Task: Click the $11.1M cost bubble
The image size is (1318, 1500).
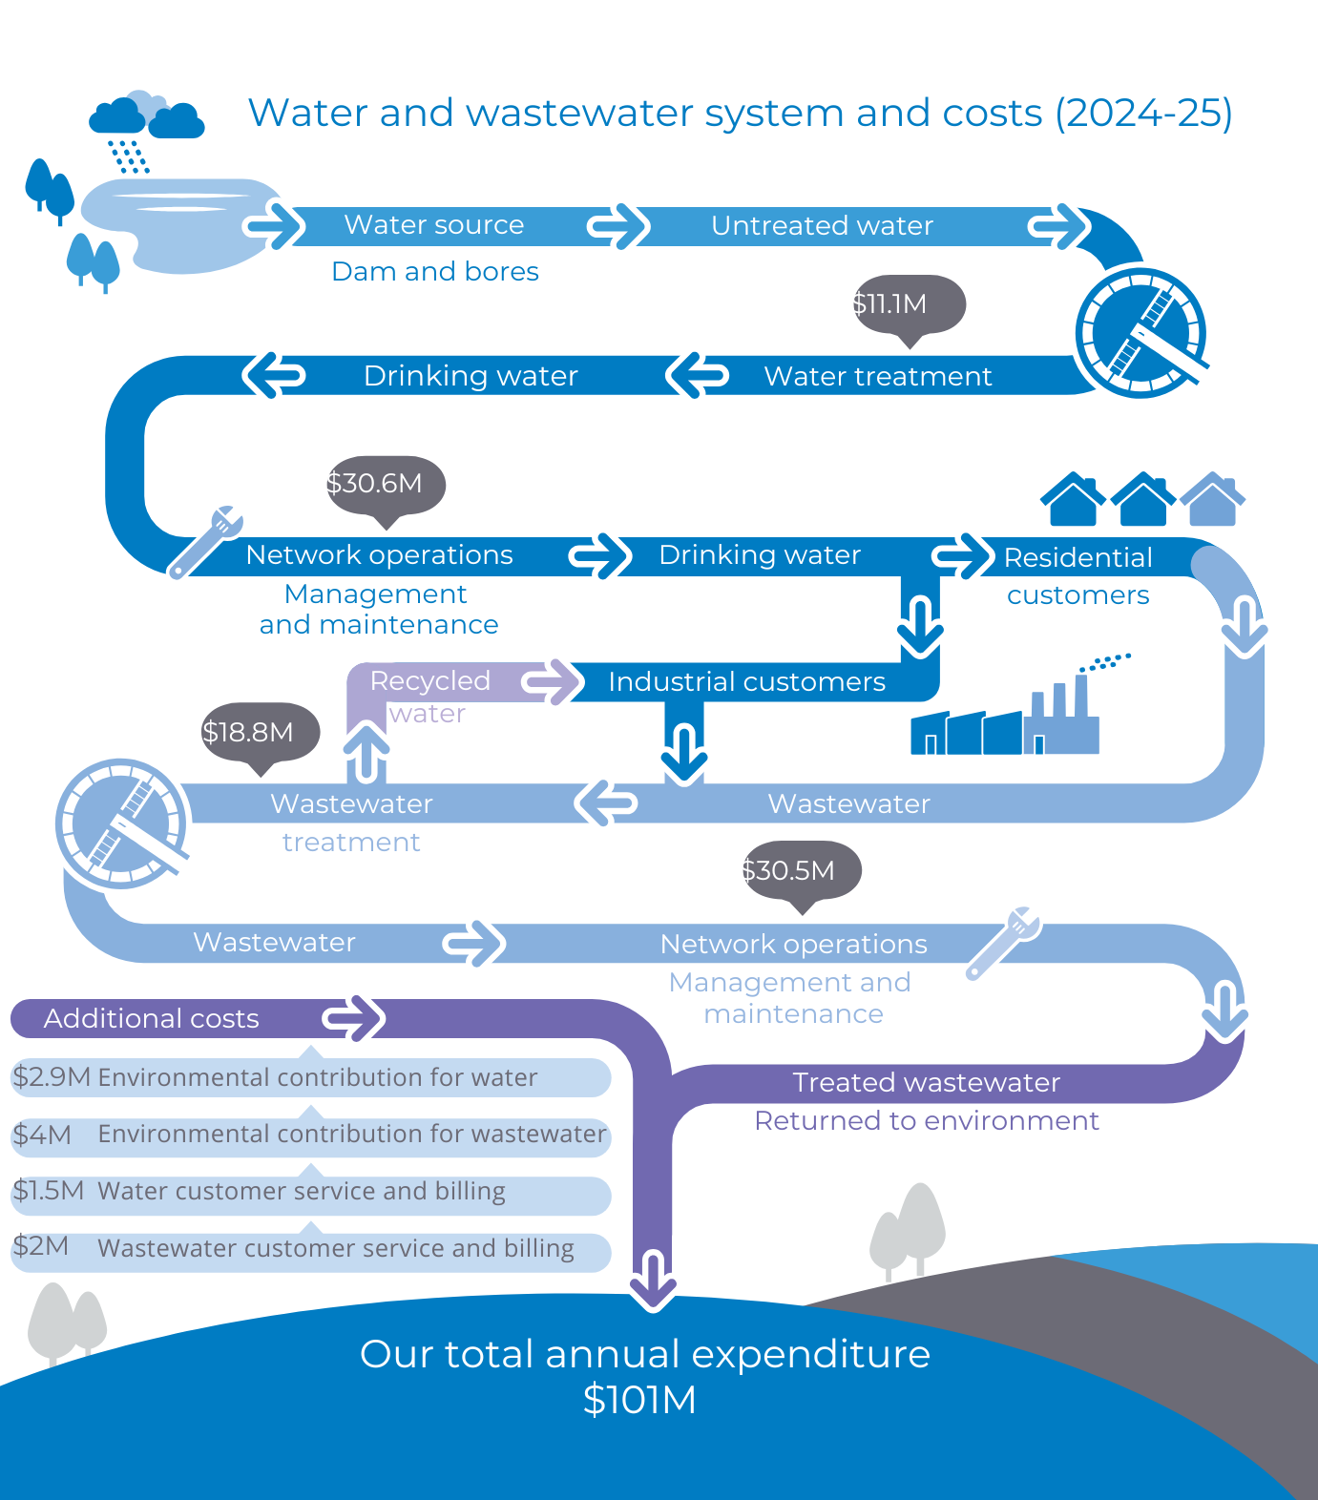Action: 909,304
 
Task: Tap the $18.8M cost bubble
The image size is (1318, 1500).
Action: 260,733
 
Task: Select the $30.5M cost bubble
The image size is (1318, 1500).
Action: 802,870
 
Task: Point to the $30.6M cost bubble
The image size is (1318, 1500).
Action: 386,484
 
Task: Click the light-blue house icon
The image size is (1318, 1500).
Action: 1213,499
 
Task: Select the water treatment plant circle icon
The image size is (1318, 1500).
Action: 1140,333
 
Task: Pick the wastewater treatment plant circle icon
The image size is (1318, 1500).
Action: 121,823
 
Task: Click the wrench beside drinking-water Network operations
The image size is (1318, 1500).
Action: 207,541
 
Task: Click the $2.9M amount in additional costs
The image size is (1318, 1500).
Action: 52,1077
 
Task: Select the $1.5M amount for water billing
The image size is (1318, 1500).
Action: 48,1191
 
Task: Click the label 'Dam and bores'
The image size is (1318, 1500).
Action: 435,272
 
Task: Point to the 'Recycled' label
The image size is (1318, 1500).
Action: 429,681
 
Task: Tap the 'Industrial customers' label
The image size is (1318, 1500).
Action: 746,682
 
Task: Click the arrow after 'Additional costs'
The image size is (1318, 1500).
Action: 354,1018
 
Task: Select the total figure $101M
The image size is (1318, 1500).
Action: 639,1400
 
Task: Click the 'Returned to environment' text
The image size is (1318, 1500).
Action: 926,1120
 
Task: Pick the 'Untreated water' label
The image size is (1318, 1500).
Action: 822,226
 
